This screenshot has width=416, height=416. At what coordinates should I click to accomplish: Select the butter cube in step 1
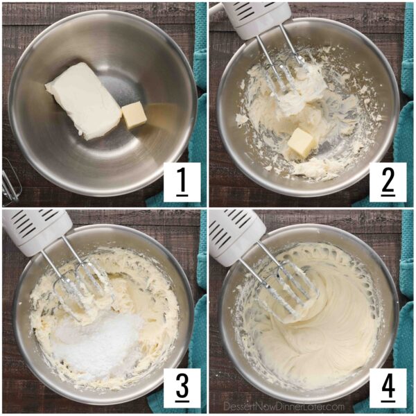pos(135,115)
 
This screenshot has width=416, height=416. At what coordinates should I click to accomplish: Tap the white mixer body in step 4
pos(236,229)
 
